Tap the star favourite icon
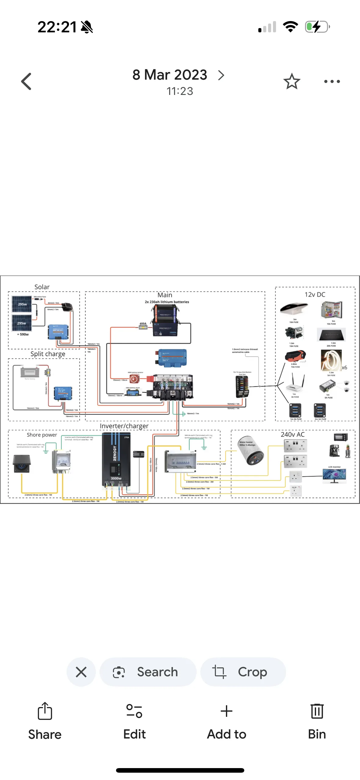pyautogui.click(x=292, y=81)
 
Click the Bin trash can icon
pyautogui.click(x=317, y=711)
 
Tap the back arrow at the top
pyautogui.click(x=27, y=81)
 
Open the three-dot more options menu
pyautogui.click(x=332, y=81)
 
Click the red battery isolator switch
pyautogui.click(x=134, y=379)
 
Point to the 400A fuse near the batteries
pyautogui.click(x=143, y=327)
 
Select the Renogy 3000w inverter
pyautogui.click(x=116, y=459)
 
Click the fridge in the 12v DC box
pyautogui.click(x=331, y=309)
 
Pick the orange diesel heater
pyautogui.click(x=295, y=356)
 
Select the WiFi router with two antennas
pyautogui.click(x=294, y=385)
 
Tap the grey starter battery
pyautogui.click(x=30, y=372)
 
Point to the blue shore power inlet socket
pyautogui.click(x=22, y=464)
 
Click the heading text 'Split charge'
pyautogui.click(x=48, y=354)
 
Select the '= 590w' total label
pyautogui.click(x=23, y=334)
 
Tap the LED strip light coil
pyautogui.click(x=331, y=360)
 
